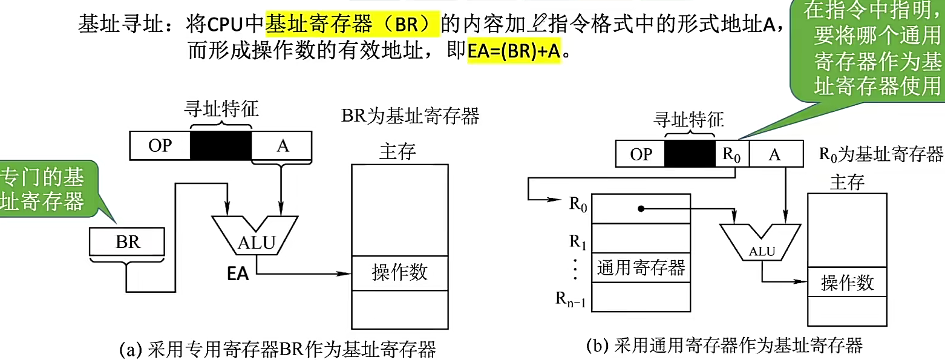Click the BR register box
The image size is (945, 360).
(x=127, y=242)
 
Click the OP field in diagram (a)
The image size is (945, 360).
(x=160, y=145)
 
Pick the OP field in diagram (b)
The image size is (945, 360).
(x=641, y=154)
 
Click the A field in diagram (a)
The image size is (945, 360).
(x=281, y=145)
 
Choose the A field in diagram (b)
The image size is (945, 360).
(x=775, y=154)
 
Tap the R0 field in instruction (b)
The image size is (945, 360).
(x=732, y=154)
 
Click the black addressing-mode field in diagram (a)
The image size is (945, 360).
(x=221, y=145)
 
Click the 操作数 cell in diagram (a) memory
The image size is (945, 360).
(x=400, y=272)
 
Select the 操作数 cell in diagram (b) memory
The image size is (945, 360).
(x=847, y=283)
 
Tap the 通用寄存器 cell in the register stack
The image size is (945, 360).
(x=641, y=267)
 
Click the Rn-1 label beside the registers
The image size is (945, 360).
(x=572, y=298)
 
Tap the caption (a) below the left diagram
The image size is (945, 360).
(x=278, y=349)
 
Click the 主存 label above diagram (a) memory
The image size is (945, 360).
(x=397, y=151)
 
